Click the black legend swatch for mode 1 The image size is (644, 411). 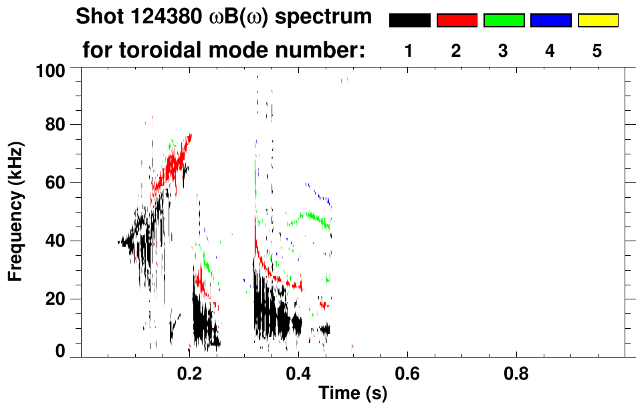[x=409, y=21]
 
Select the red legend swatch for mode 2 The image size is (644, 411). [x=457, y=21]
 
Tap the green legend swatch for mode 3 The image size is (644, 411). [x=504, y=21]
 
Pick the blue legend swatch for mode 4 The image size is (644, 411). [x=550, y=21]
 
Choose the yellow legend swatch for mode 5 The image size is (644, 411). [x=598, y=21]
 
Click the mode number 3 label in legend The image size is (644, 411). [x=503, y=51]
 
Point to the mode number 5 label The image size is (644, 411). [x=597, y=51]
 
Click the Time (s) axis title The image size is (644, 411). [x=352, y=394]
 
